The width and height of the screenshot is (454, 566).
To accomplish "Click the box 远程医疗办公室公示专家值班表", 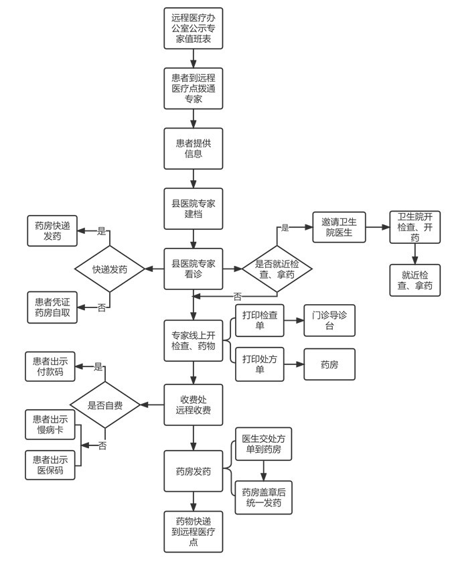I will (x=194, y=29).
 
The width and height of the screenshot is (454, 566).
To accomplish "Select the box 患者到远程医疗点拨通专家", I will (x=194, y=88).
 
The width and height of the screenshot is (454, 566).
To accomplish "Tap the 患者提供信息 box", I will (x=194, y=148).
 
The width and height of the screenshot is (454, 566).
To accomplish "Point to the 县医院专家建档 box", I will (x=194, y=208).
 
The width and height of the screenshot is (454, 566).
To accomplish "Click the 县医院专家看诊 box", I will (x=194, y=269).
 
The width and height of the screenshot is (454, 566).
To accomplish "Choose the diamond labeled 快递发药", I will (x=110, y=269).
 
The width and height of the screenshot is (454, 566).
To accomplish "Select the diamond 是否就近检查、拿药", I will (x=277, y=269).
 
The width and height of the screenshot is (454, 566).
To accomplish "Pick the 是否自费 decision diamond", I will (x=110, y=405).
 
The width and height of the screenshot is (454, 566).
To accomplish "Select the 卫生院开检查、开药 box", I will (x=415, y=228).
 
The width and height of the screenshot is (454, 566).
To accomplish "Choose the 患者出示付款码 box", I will (x=50, y=366).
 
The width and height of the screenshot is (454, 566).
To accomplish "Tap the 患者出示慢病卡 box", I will (x=50, y=425).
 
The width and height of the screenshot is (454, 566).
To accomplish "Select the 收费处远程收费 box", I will (x=194, y=405).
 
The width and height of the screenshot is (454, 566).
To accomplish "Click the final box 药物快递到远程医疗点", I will (x=194, y=532).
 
